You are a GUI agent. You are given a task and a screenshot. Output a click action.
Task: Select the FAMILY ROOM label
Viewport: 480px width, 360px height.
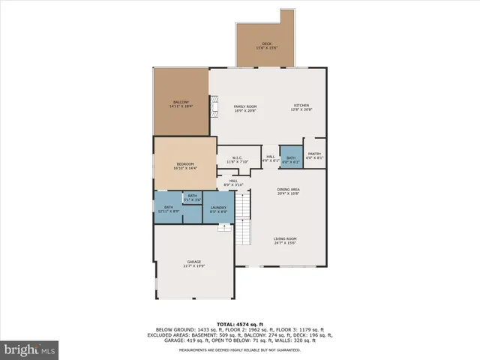pyautogui.click(x=245, y=108)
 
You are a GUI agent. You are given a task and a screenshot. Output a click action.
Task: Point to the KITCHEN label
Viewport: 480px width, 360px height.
pyautogui.click(x=301, y=108)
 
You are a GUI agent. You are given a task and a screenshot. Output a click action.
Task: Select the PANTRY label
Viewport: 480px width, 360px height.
pyautogui.click(x=314, y=155)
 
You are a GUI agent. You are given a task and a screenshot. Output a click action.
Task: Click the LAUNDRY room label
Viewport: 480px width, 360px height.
pyautogui.click(x=218, y=209)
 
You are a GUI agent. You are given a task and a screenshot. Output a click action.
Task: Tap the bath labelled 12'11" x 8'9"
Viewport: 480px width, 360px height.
pyautogui.click(x=169, y=209)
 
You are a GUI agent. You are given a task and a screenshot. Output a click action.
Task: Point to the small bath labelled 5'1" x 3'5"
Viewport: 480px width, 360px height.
pyautogui.click(x=193, y=198)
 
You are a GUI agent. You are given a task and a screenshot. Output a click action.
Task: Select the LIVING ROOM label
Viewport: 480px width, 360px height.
pyautogui.click(x=285, y=241)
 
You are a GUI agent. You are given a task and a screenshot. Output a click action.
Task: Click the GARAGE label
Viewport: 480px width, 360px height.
pyautogui.click(x=193, y=264)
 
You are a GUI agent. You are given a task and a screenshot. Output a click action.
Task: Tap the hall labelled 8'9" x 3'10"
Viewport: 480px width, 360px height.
pyautogui.click(x=233, y=182)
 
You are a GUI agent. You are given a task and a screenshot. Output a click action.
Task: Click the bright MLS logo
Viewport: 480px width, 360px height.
pyautogui.click(x=29, y=349)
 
